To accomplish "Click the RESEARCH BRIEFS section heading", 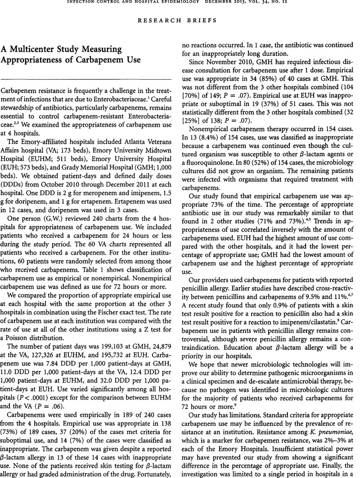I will click(x=180, y=20).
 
